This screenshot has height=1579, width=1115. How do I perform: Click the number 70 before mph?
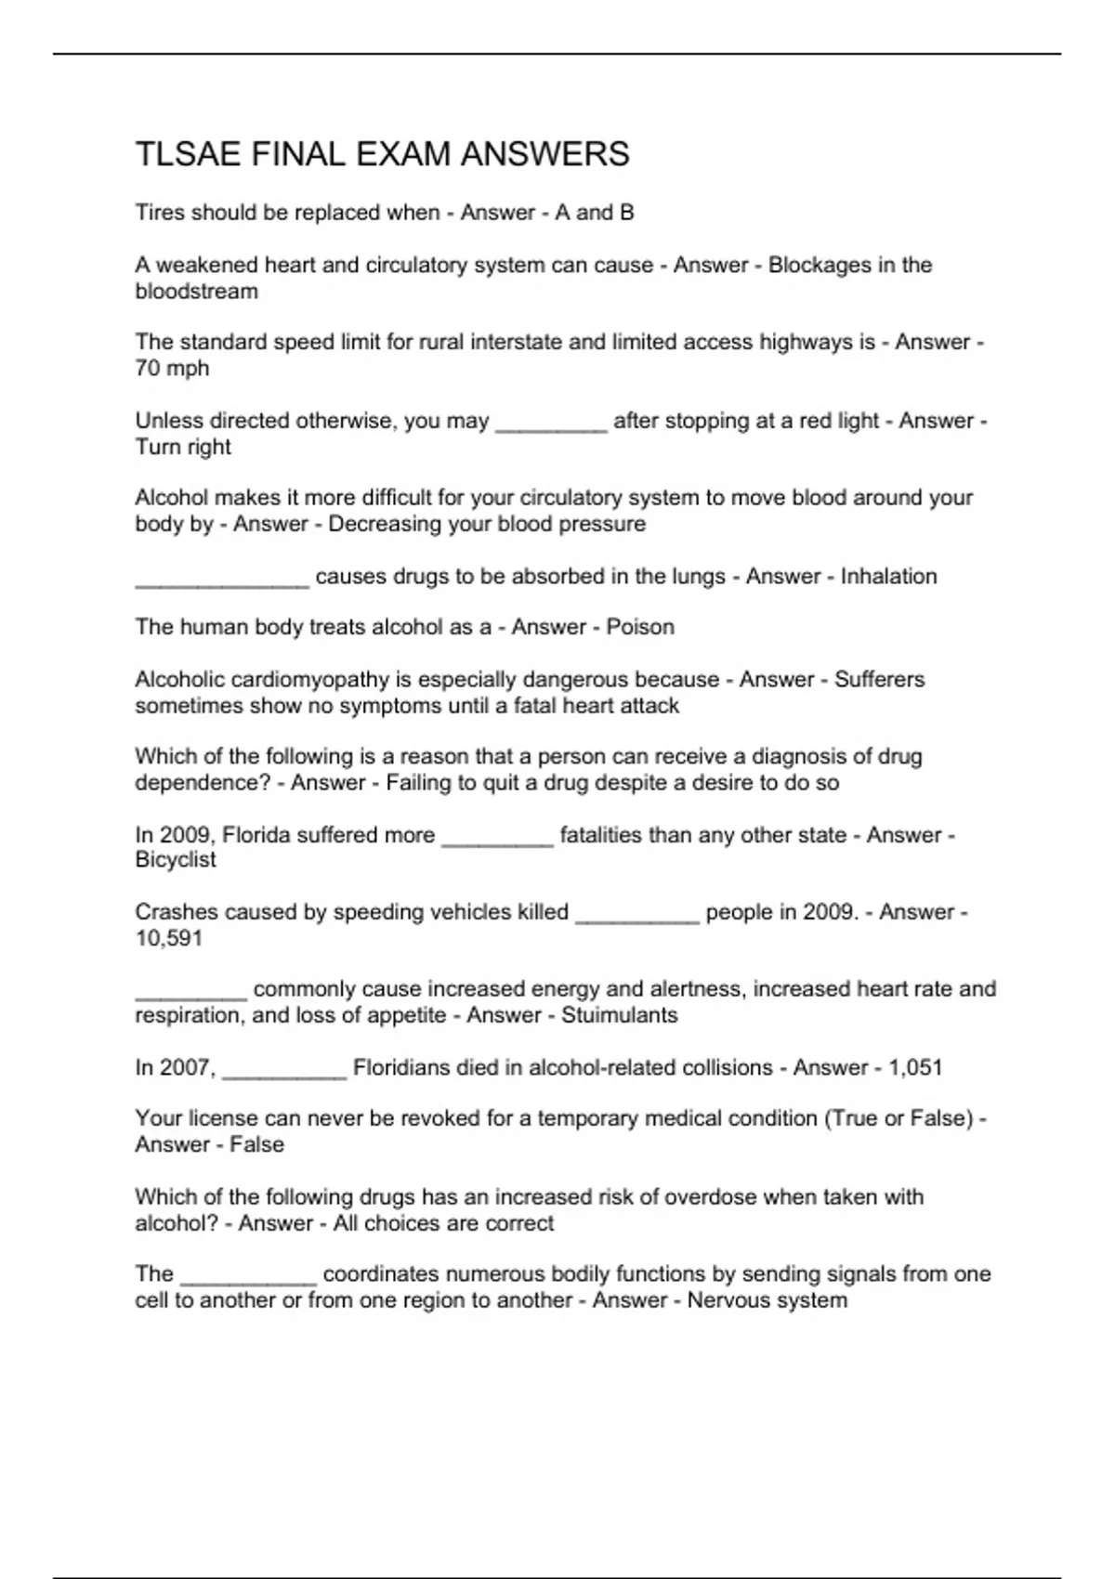point(148,369)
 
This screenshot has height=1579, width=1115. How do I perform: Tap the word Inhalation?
point(888,577)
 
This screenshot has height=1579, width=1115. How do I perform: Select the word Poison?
point(640,628)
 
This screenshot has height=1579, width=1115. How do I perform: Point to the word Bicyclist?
point(176,860)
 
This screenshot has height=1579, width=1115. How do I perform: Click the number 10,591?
point(169,938)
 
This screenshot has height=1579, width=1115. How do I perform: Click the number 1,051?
point(915,1068)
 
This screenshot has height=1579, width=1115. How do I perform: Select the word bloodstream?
point(197,292)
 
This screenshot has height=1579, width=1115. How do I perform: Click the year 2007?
point(188,1068)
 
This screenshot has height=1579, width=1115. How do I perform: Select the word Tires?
point(160,214)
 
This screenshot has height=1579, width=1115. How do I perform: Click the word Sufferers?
point(879,680)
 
